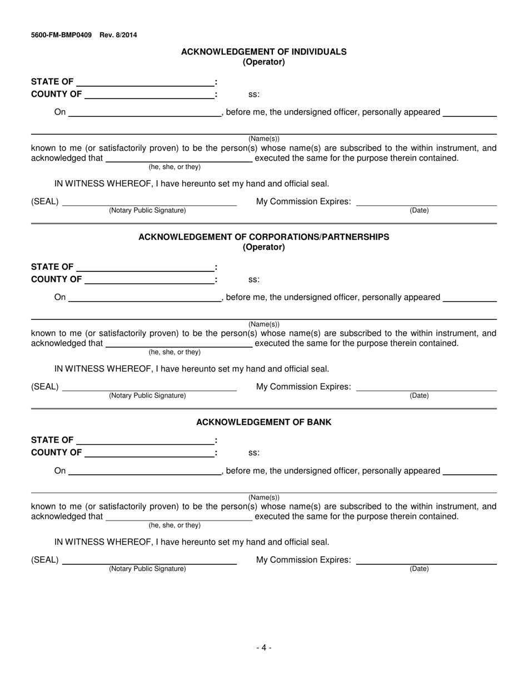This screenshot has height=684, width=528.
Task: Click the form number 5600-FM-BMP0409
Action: (x=61, y=35)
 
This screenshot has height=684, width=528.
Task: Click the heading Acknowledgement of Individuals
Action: (x=263, y=52)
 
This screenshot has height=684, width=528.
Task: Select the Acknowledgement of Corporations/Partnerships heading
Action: (x=263, y=237)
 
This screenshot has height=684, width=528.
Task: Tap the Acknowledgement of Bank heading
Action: (x=263, y=422)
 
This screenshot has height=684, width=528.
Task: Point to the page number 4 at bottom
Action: (x=263, y=647)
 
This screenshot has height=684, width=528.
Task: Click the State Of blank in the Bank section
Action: (x=146, y=443)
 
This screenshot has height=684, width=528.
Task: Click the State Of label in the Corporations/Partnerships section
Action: (x=52, y=267)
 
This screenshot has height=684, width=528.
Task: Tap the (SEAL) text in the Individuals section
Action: (x=44, y=201)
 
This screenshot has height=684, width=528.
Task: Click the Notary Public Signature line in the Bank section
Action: (x=150, y=563)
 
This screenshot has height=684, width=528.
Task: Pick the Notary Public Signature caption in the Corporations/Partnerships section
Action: (x=147, y=395)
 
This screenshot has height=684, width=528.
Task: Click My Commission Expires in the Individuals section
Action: (x=303, y=201)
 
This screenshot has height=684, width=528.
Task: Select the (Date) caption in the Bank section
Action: (x=419, y=569)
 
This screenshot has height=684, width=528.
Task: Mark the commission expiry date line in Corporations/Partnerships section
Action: (x=426, y=390)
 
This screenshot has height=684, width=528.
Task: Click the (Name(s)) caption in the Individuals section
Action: (x=263, y=139)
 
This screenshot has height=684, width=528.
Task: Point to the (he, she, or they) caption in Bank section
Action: (x=175, y=525)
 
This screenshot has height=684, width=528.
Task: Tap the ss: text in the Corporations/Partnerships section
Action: (x=253, y=280)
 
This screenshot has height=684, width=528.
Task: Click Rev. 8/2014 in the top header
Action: (x=118, y=35)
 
